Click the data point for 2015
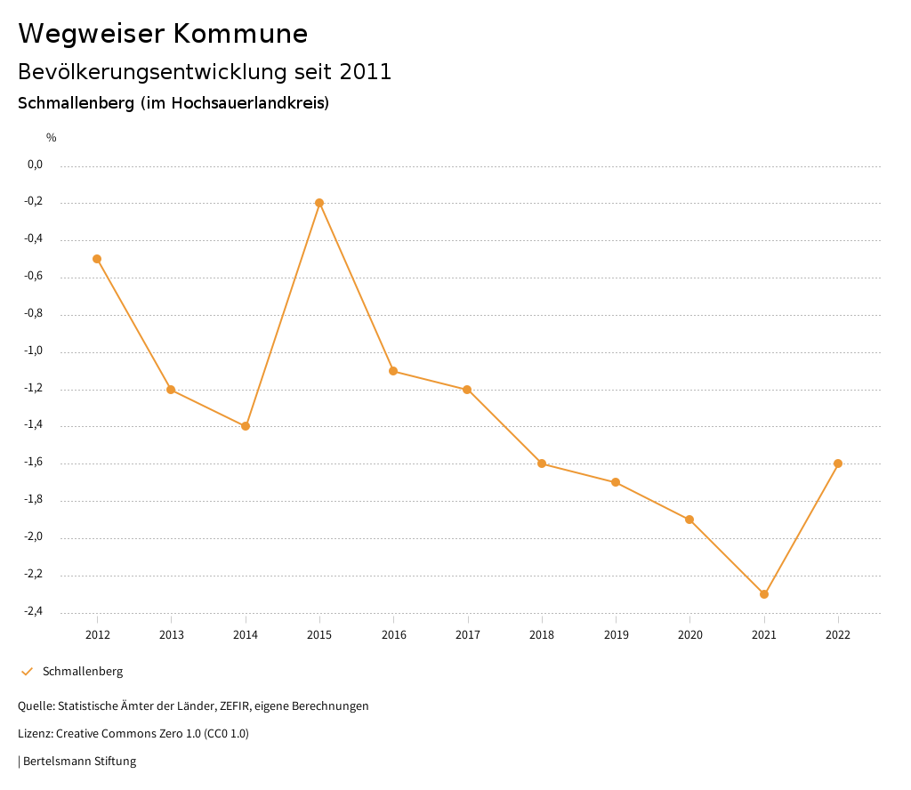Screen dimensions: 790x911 (319, 203)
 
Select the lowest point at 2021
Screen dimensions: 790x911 (764, 594)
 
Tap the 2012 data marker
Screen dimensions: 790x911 (97, 259)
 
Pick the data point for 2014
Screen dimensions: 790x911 (246, 426)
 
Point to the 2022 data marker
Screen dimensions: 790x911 (838, 464)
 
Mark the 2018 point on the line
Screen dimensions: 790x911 (542, 464)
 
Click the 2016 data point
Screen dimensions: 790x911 (393, 371)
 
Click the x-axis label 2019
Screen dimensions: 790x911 (616, 634)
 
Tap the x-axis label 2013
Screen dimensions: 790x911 (171, 634)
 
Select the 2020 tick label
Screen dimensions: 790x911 (689, 634)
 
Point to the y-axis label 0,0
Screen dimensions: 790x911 (35, 165)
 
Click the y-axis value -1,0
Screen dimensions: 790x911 (34, 351)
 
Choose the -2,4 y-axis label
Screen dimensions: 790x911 (34, 612)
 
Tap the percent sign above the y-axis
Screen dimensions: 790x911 (52, 138)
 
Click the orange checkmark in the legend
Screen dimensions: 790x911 (27, 672)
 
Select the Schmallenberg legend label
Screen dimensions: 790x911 (83, 672)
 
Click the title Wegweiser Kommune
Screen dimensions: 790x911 (163, 34)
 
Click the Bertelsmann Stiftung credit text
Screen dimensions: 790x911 (79, 762)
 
